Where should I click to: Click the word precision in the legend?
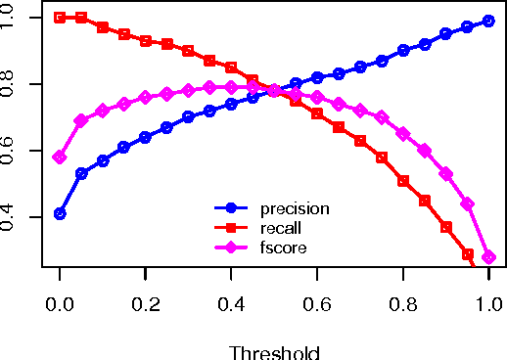(x=294, y=207)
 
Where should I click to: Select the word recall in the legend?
(x=279, y=227)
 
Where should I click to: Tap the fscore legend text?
(x=283, y=247)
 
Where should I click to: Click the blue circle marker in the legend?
(x=232, y=207)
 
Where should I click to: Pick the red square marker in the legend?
(x=232, y=227)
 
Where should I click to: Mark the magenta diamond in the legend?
(x=232, y=247)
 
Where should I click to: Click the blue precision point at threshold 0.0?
(x=60, y=213)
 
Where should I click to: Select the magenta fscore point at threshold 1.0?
(x=487, y=257)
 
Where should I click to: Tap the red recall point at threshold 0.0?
(x=60, y=18)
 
